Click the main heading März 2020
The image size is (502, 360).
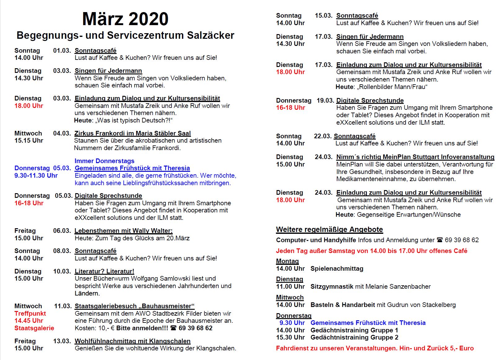click(125, 19)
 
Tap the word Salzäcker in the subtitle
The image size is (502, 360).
click(210, 35)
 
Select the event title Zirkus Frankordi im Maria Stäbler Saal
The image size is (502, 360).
click(132, 133)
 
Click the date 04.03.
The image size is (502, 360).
click(62, 133)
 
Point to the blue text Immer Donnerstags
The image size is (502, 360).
click(104, 161)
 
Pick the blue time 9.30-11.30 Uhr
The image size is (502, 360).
click(36, 176)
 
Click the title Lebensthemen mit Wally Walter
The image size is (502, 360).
click(123, 231)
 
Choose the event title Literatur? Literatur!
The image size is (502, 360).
click(104, 271)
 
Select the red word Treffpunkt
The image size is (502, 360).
click(30, 313)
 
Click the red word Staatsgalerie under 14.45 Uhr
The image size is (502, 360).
click(34, 328)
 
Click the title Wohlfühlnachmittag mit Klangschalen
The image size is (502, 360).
click(132, 341)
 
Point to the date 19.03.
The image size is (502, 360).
click(325, 100)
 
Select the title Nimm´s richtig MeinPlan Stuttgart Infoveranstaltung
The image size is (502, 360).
click(415, 157)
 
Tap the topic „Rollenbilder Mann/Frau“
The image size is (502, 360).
click(392, 87)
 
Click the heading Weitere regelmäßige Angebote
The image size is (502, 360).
click(329, 230)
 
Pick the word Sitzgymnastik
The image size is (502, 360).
click(332, 287)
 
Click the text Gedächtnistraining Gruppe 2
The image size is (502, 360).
click(354, 337)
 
